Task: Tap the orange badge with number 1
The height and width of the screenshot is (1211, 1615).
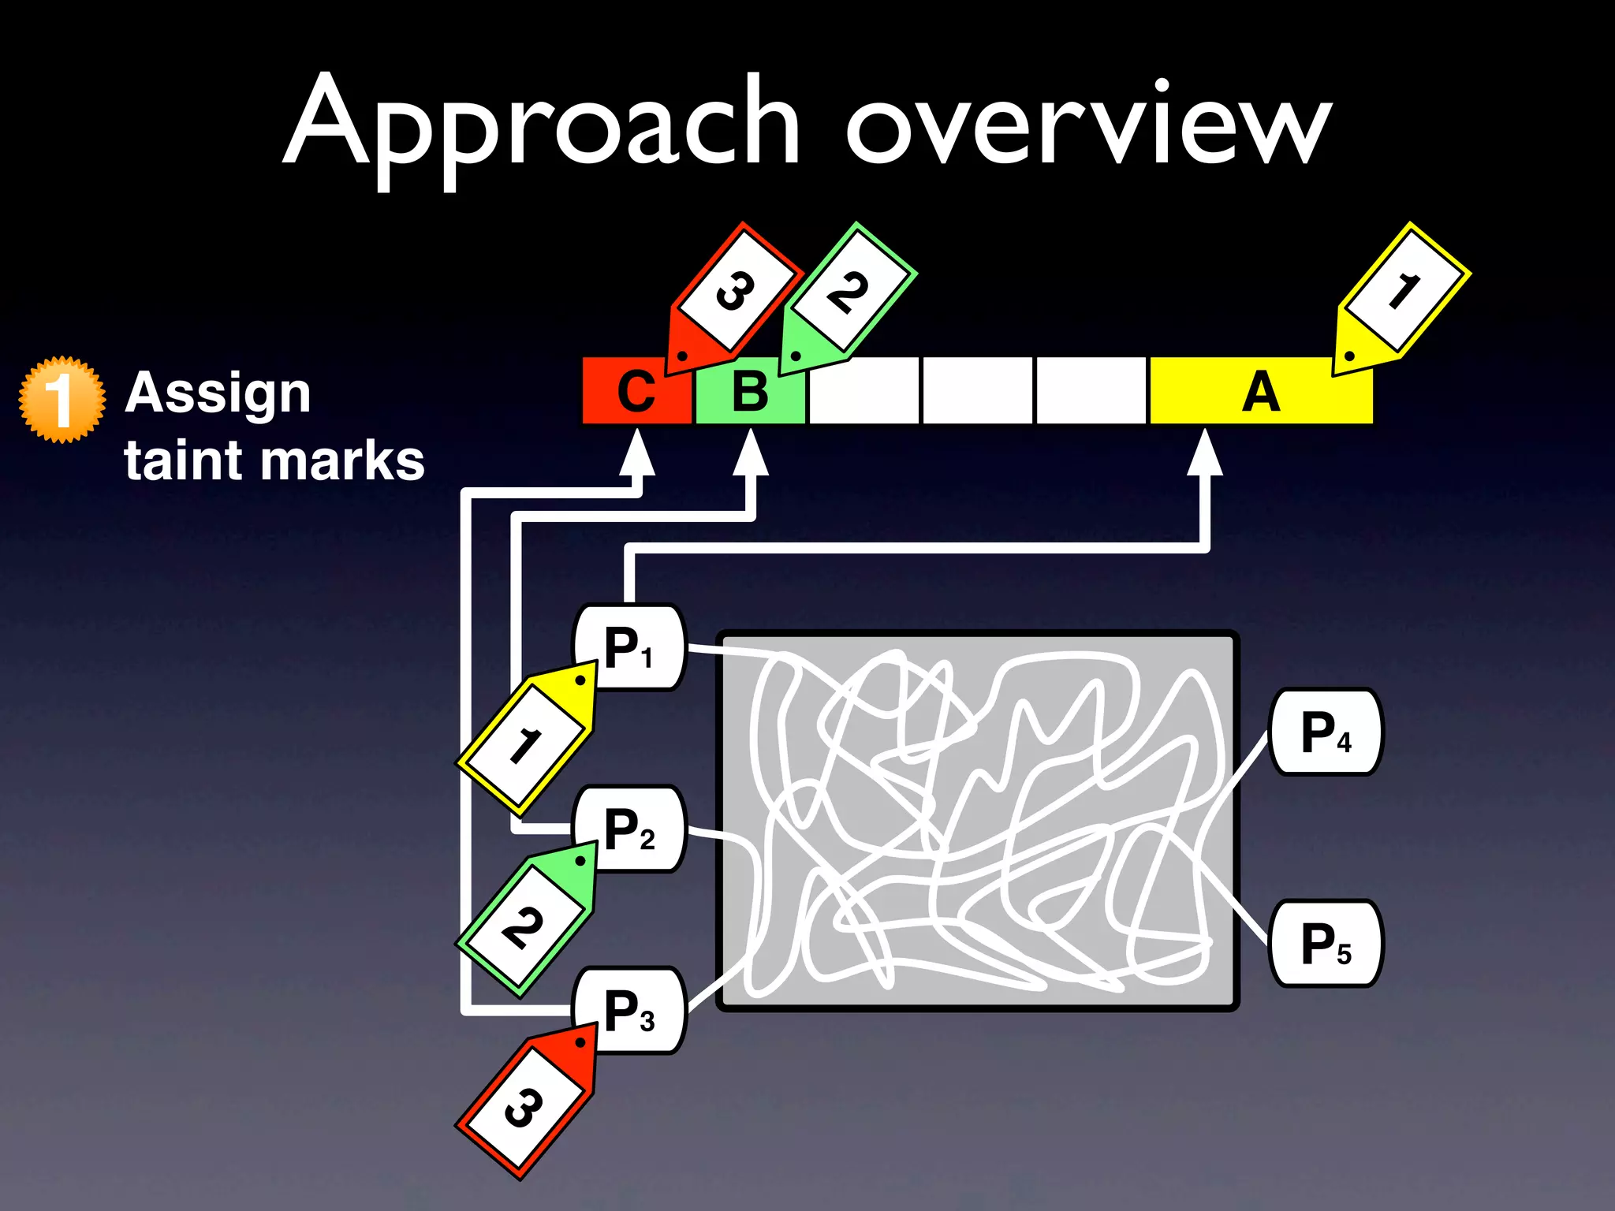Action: click(62, 399)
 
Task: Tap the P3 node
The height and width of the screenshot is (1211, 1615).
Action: click(629, 1011)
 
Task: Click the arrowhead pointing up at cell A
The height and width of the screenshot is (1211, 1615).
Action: click(1205, 453)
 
